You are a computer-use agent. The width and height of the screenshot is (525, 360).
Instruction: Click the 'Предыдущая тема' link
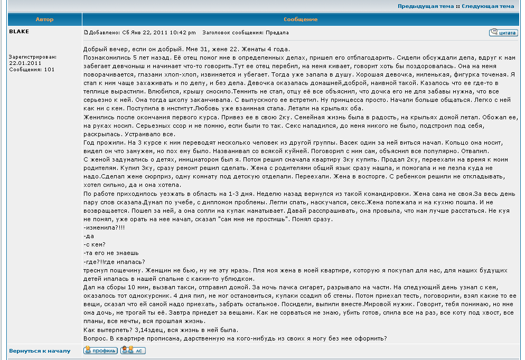click(425, 6)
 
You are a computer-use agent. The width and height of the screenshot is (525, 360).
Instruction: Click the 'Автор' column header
click(44, 20)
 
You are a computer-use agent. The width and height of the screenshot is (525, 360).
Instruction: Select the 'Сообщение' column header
click(301, 20)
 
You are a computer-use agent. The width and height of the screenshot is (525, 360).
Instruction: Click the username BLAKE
click(19, 32)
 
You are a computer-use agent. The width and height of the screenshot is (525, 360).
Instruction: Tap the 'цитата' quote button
click(503, 33)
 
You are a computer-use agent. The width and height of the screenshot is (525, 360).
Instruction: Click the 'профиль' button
click(100, 350)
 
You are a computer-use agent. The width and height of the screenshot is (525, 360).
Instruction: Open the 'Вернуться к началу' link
click(40, 350)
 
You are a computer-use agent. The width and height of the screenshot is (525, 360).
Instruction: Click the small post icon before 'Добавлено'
click(86, 33)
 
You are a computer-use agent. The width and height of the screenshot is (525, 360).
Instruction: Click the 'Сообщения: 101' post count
click(32, 69)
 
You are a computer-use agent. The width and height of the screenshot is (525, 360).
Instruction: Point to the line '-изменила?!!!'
click(104, 227)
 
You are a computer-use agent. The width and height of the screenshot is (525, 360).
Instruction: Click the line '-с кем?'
click(95, 244)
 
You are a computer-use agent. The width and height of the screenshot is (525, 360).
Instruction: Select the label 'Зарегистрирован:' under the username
click(33, 56)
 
